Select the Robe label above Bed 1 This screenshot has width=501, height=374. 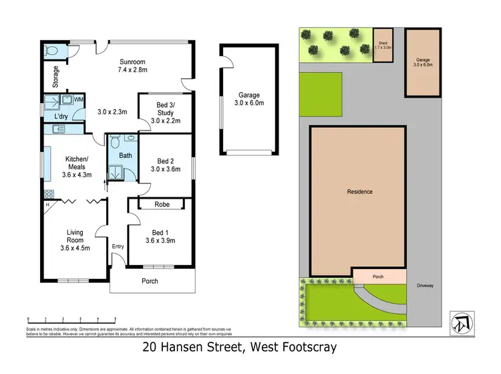pos(161,204)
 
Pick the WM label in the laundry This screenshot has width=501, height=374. pos(78,100)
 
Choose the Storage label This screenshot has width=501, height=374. pos(56,77)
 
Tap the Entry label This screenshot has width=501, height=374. pos(118,246)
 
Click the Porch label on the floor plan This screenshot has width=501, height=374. pos(150,281)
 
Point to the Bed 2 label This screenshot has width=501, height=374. pos(166,161)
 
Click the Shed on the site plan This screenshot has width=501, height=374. pos(383,45)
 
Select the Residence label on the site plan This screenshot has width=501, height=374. pos(359,192)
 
